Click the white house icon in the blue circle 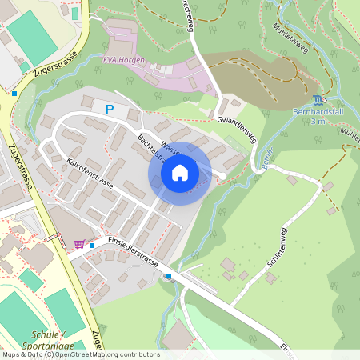pyautogui.click(x=180, y=173)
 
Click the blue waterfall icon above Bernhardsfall pyautogui.click(x=320, y=100)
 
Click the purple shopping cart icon pyautogui.click(x=79, y=245)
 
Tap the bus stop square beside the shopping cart pyautogui.click(x=92, y=245)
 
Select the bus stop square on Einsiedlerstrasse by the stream pyautogui.click(x=169, y=277)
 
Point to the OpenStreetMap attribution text pyautogui.click(x=80, y=354)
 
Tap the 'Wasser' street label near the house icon pyautogui.click(x=174, y=147)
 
